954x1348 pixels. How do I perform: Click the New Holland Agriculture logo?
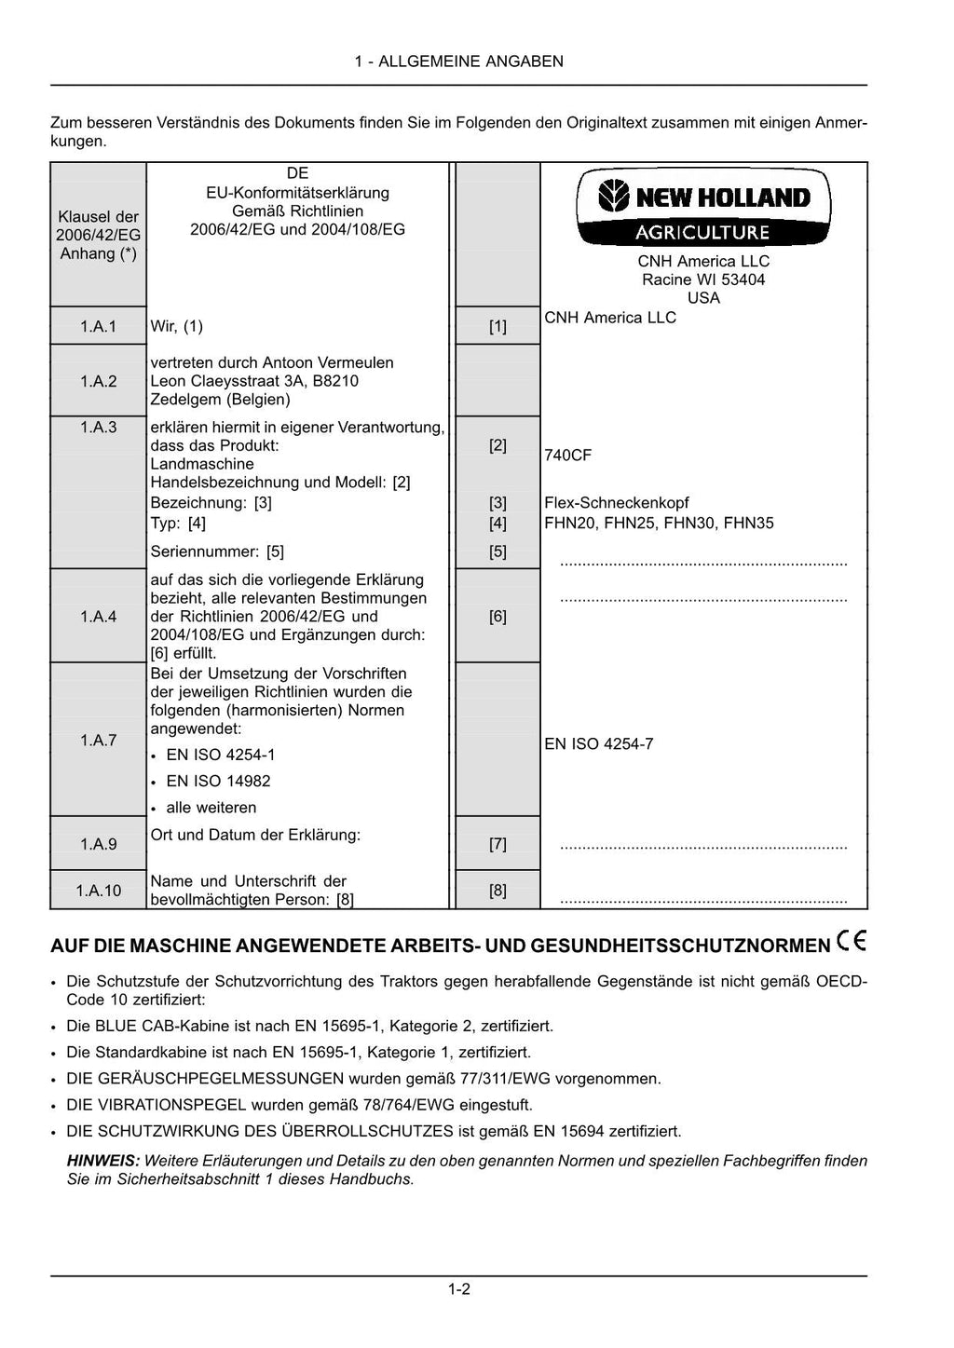703,208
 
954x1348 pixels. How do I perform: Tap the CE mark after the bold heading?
852,942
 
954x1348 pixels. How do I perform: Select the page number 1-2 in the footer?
458,1289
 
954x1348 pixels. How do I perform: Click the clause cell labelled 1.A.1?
98,326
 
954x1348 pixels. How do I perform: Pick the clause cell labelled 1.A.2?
98,380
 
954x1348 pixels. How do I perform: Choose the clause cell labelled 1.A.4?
98,616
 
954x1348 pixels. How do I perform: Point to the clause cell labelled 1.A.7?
98,740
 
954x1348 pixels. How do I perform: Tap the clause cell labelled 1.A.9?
98,844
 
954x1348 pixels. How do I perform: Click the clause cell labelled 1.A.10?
98,891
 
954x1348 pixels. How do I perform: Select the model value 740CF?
567,456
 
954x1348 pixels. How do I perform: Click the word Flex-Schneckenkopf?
617,503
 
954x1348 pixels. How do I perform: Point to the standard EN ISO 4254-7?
598,744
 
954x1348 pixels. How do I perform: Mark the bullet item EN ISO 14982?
218,782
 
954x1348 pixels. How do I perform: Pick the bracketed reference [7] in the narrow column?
497,844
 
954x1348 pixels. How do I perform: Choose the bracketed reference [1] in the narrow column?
497,326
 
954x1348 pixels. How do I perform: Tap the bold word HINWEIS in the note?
102,1161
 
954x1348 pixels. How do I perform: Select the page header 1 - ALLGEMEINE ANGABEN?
458,61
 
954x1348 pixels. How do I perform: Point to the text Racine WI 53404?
703,279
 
